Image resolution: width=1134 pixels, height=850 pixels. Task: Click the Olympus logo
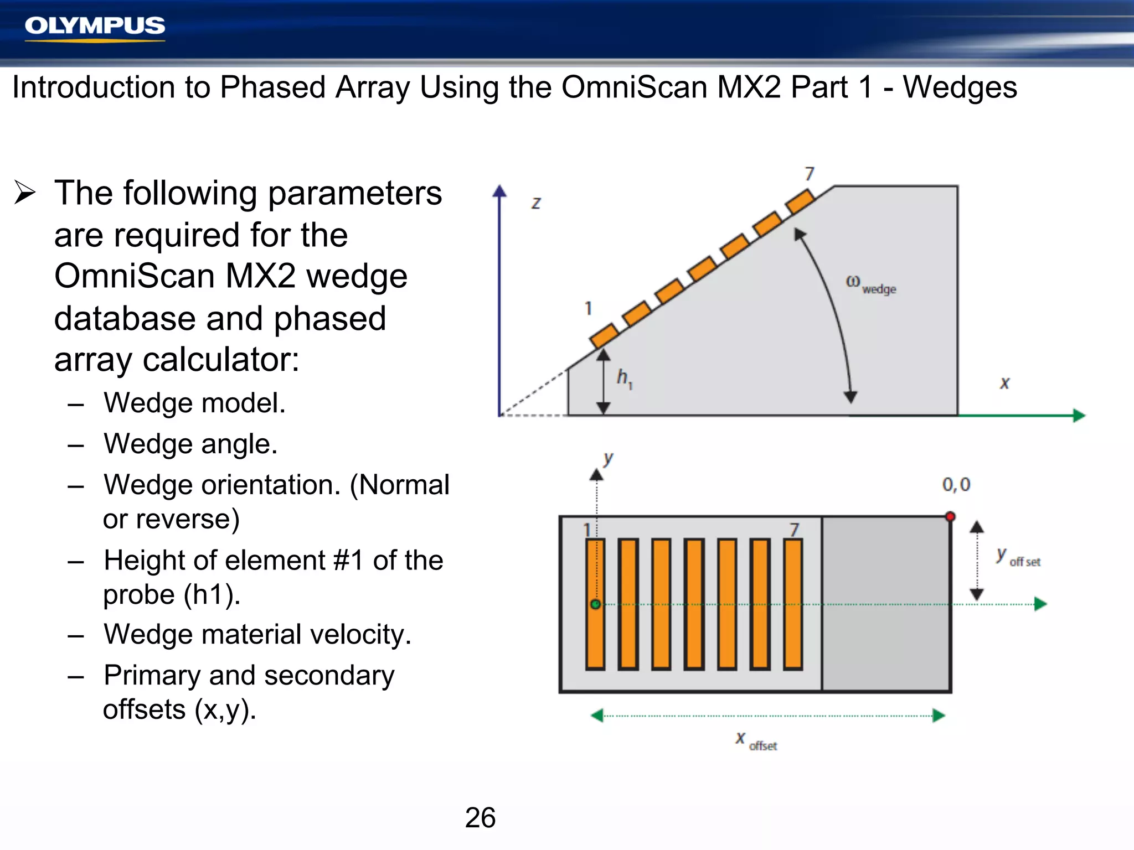95,26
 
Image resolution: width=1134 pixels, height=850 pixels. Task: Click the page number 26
480,817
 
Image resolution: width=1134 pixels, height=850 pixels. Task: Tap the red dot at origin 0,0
950,517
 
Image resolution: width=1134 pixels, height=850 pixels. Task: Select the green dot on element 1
595,604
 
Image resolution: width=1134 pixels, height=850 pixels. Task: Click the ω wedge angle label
870,284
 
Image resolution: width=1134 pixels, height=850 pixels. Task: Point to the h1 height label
624,379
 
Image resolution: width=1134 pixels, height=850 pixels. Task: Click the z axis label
536,203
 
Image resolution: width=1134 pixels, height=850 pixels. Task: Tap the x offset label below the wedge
756,741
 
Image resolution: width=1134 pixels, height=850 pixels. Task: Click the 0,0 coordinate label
956,485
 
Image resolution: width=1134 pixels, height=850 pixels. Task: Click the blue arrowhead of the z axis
499,191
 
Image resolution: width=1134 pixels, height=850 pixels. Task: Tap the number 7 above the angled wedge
810,174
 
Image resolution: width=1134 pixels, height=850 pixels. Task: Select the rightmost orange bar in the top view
793,604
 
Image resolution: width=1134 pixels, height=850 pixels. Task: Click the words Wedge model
194,403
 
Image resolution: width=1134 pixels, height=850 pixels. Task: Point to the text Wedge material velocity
257,634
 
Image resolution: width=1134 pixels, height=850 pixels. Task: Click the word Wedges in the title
960,88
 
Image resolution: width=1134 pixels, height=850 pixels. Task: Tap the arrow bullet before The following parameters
25,193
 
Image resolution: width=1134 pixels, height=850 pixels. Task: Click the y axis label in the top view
608,459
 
